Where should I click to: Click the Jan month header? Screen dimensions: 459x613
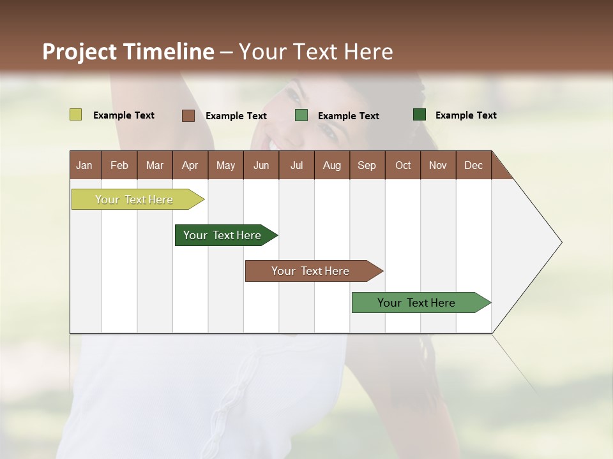pyautogui.click(x=84, y=165)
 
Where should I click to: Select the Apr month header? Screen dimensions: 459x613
pyautogui.click(x=190, y=165)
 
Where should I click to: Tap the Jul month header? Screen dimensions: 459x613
pyautogui.click(x=296, y=165)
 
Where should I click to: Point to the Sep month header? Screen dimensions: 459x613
pyautogui.click(x=367, y=165)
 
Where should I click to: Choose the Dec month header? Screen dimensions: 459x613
pyautogui.click(x=473, y=165)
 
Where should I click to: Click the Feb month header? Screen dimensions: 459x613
pyautogui.click(x=119, y=165)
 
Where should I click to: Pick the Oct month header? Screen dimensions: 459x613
pyautogui.click(x=403, y=165)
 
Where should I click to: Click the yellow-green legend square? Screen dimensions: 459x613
pyautogui.click(x=76, y=115)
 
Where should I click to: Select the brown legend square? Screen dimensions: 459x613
pyautogui.click(x=188, y=115)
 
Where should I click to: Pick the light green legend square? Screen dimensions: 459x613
pyautogui.click(x=301, y=115)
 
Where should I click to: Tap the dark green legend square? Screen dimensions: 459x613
pyautogui.click(x=420, y=115)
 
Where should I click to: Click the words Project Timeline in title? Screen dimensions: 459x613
pyautogui.click(x=128, y=52)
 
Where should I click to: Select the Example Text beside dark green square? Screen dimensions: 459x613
pyautogui.click(x=465, y=115)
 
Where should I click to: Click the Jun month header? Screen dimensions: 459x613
pyautogui.click(x=261, y=165)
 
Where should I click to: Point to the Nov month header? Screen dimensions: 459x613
pyautogui.click(x=438, y=165)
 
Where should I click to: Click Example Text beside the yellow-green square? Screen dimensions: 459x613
pyautogui.click(x=124, y=115)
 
